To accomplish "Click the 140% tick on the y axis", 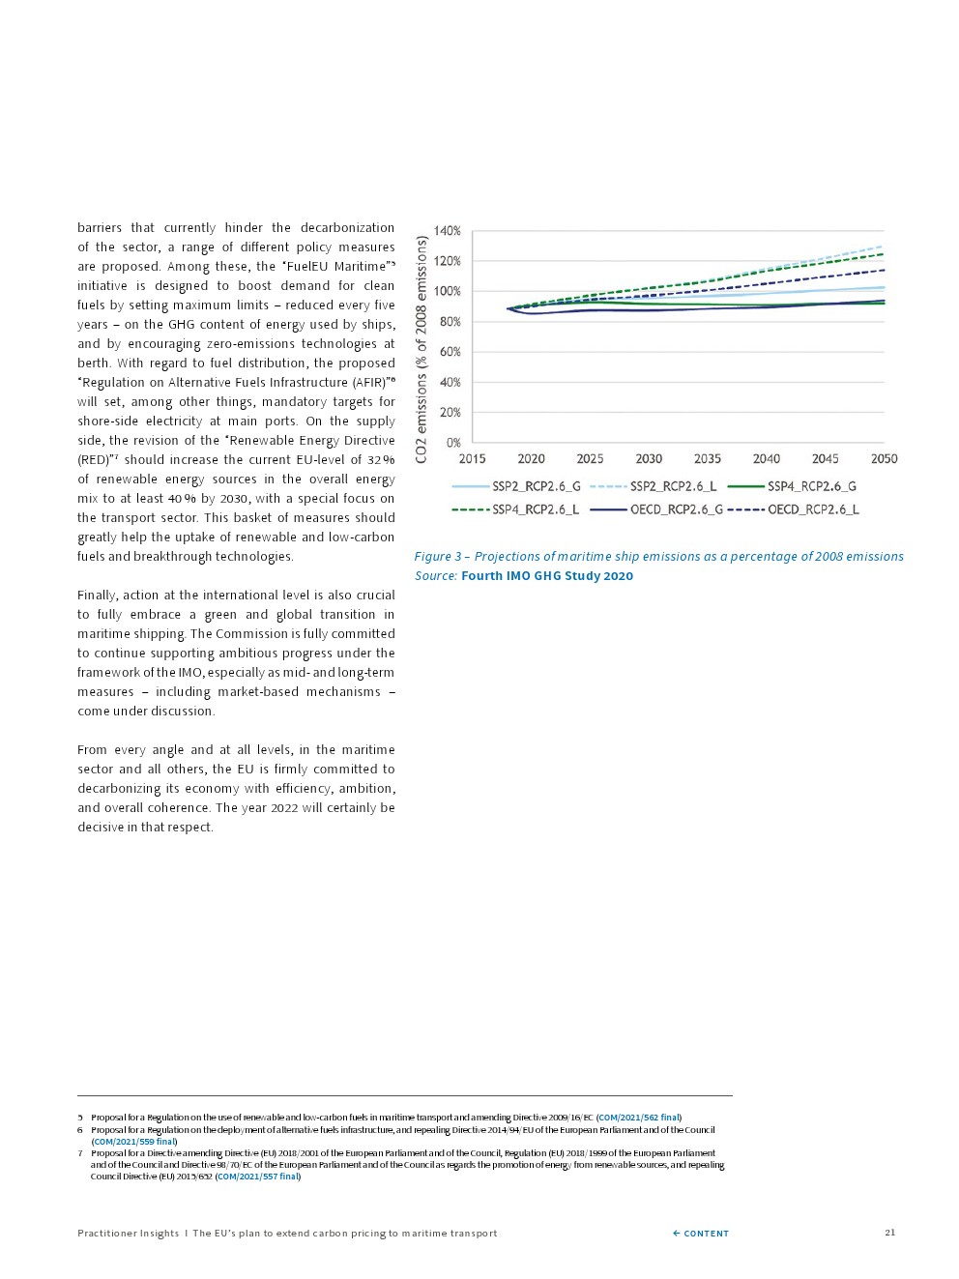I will click(447, 231).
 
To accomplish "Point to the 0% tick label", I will click(452, 443).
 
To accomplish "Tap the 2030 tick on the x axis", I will click(649, 459).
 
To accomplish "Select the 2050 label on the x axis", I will click(884, 459).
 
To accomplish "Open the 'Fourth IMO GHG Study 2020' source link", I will click(547, 576).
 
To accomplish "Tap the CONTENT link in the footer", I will click(701, 1234).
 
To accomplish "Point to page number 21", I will click(889, 1233).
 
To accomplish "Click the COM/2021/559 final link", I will click(134, 1142).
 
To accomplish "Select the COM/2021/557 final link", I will click(258, 1177).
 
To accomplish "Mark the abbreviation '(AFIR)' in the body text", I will click(367, 383).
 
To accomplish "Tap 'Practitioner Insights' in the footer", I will click(128, 1234).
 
